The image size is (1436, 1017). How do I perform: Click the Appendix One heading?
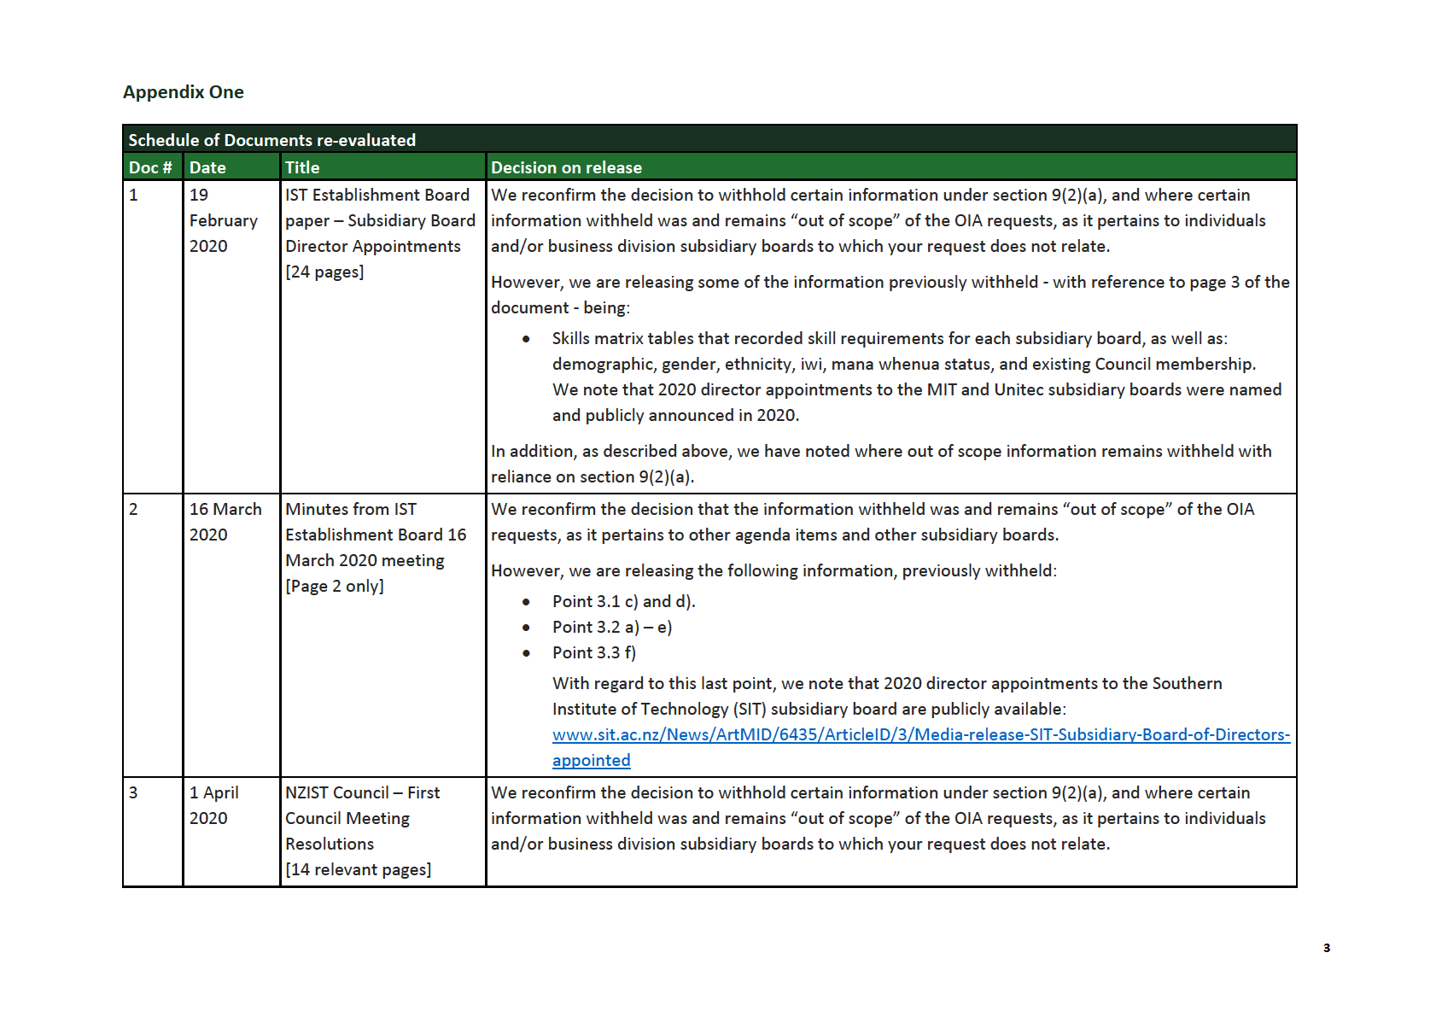[183, 92]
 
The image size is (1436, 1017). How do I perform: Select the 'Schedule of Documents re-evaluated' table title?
[271, 140]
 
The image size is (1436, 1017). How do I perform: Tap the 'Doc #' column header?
[150, 167]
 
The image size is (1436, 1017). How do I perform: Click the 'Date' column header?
[207, 167]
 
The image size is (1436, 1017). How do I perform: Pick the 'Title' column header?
[302, 167]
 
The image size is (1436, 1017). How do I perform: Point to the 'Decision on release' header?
[566, 167]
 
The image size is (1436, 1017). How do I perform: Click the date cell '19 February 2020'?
[223, 220]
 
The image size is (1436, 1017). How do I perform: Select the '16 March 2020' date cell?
[225, 522]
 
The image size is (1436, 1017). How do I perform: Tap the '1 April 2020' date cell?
[213, 805]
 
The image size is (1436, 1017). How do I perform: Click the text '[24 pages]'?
[324, 272]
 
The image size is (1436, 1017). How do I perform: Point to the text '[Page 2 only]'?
[335, 586]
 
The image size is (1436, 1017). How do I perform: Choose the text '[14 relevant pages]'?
[358, 869]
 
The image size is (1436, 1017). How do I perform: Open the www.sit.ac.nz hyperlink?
[920, 735]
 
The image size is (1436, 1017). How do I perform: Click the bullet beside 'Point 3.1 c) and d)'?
[526, 602]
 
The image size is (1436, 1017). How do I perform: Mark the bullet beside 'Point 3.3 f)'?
[526, 653]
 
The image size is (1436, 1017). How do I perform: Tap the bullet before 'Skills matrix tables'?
[526, 339]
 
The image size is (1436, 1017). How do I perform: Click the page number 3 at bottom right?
[1326, 948]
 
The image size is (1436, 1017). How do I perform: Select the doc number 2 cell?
[133, 509]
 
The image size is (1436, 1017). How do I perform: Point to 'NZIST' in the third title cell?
[307, 792]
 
